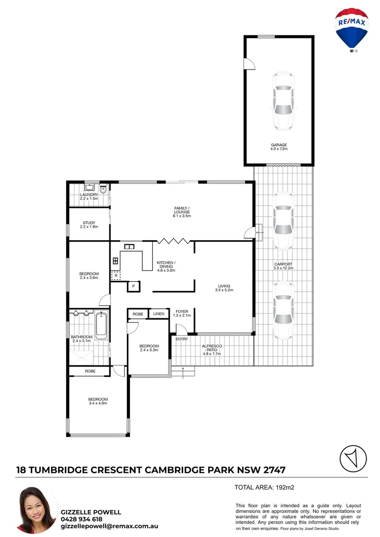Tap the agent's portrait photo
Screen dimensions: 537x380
tap(38, 511)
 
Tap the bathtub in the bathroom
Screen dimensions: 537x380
tap(101, 326)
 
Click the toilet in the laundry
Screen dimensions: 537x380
tap(102, 188)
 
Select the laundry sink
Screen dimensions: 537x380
tap(90, 187)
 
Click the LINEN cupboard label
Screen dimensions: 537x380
tap(159, 314)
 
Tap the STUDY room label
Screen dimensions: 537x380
tap(89, 224)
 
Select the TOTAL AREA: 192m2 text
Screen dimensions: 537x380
tap(265, 487)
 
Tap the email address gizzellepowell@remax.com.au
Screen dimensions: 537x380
tap(109, 526)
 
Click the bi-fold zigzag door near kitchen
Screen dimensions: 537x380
tap(173, 241)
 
